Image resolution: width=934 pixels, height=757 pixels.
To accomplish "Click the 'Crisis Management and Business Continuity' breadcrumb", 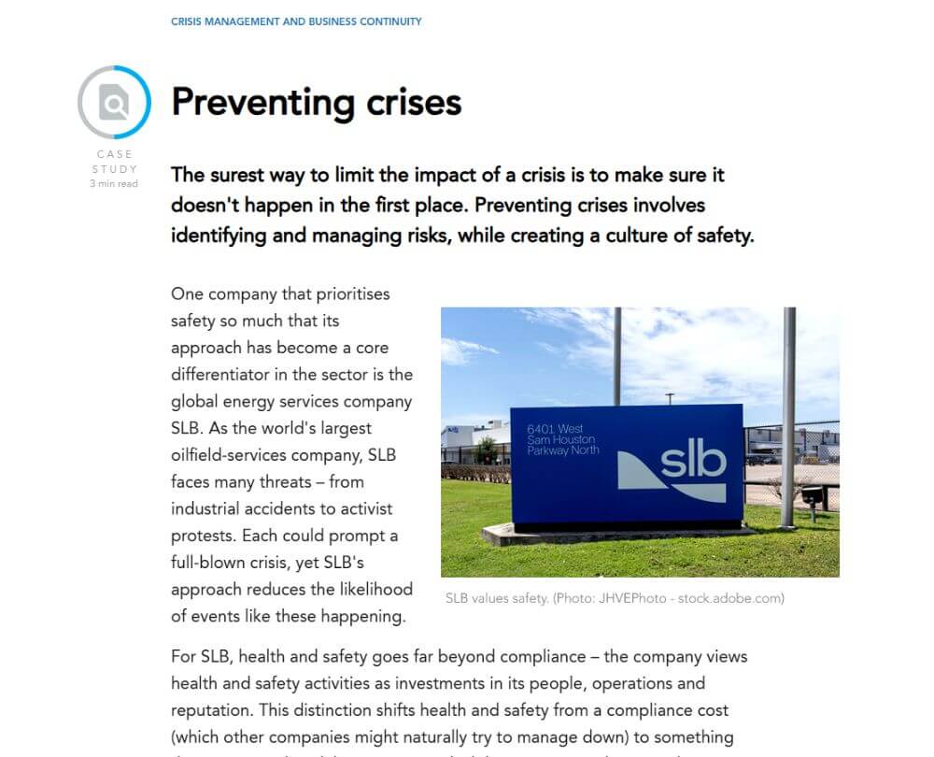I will pos(296,21).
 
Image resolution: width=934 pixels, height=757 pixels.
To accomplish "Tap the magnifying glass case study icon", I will pos(114,103).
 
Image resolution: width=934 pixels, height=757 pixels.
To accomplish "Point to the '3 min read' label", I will pos(114,184).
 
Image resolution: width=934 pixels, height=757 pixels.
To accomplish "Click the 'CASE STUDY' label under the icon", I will pos(114,162).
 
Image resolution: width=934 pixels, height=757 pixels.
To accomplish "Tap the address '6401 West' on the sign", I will pos(555,428).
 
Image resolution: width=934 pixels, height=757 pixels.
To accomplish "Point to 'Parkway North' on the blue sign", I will pos(562,450).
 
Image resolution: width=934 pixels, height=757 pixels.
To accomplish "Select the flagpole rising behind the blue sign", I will pos(617,355).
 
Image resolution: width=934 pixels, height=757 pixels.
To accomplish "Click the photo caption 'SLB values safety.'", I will pos(497,598).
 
